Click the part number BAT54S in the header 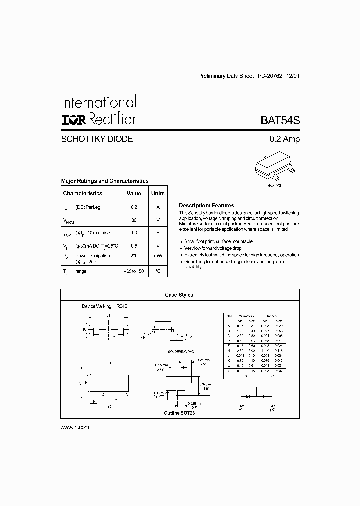point(280,120)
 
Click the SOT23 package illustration point(271,168)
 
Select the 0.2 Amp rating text point(283,139)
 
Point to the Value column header point(134,193)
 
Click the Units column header point(158,193)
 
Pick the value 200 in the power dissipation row point(134,255)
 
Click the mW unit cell point(158,255)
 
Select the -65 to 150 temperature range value point(134,271)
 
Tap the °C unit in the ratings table point(158,271)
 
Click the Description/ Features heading point(206,206)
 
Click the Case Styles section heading point(179,295)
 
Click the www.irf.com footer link point(74,427)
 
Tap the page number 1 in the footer point(298,427)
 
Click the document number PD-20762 point(270,76)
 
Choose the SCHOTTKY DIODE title point(97,139)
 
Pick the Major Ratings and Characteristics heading point(104,181)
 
